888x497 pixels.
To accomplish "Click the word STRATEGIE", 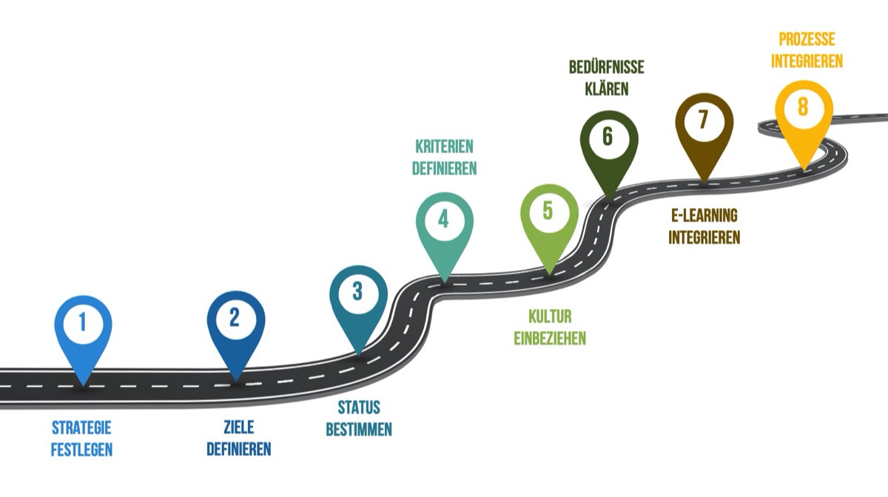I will coord(81,427).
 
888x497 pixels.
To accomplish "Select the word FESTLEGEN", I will coord(81,449).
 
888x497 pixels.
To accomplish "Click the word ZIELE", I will coord(238,427).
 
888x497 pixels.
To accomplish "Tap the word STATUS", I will coord(359,408).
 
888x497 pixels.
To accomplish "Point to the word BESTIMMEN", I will coord(359,430).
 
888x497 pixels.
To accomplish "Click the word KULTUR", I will coord(550,317).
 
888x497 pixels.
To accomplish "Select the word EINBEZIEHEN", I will coord(550,339).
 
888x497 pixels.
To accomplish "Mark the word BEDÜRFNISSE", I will coord(607,68).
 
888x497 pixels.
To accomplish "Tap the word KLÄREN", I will coord(607,89).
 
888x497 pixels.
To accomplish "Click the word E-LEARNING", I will coord(704,216).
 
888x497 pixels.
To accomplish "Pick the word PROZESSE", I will coord(807,39).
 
